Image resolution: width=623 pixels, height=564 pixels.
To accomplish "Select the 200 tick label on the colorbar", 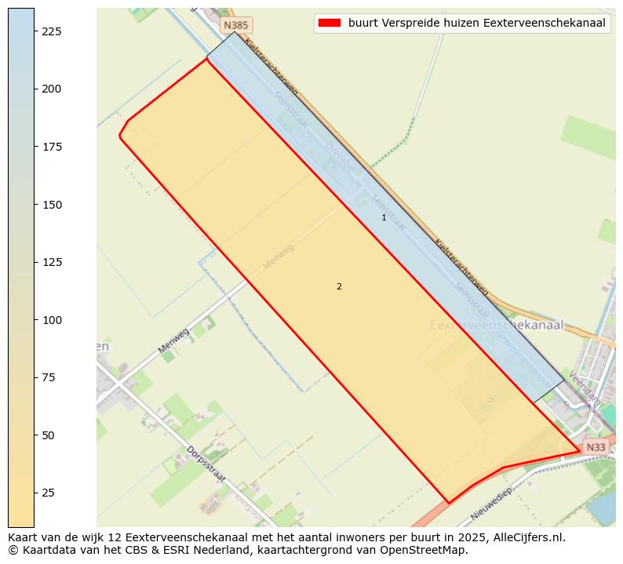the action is click(x=51, y=89).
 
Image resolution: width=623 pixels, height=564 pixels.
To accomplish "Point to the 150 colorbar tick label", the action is click(x=51, y=205).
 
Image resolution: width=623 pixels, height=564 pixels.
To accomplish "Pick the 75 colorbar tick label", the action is click(x=48, y=378).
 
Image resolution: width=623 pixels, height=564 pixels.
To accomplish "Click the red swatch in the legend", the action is click(x=329, y=23).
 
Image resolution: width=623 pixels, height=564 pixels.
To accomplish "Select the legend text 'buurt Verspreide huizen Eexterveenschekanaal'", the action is click(x=476, y=23).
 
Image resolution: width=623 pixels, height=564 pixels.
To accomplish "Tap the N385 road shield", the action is click(x=236, y=26).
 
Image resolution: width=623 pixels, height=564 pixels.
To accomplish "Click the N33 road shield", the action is click(x=596, y=447).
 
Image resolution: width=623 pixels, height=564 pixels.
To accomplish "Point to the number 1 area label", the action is click(x=384, y=217).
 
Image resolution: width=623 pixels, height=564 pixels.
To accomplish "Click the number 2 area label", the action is click(x=339, y=286).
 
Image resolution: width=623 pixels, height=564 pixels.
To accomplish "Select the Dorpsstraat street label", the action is click(x=206, y=464).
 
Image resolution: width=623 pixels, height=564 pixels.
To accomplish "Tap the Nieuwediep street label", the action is click(x=491, y=504).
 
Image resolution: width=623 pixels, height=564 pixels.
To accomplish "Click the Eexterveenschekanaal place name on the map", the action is click(x=497, y=325).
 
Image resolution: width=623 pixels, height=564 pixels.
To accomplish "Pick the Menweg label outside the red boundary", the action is click(x=174, y=341).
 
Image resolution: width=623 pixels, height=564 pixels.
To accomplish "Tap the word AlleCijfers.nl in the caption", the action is click(x=525, y=537).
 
